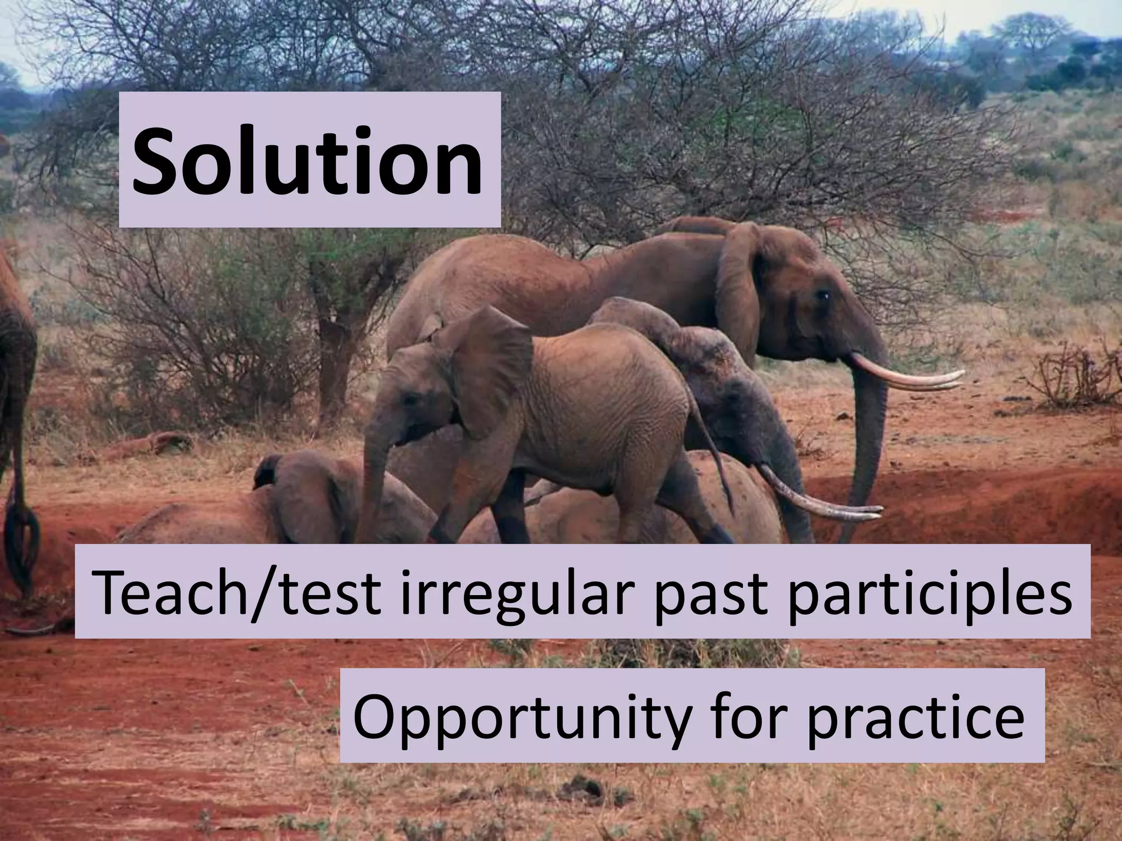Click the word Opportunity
coord(520,718)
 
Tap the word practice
coord(914,718)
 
